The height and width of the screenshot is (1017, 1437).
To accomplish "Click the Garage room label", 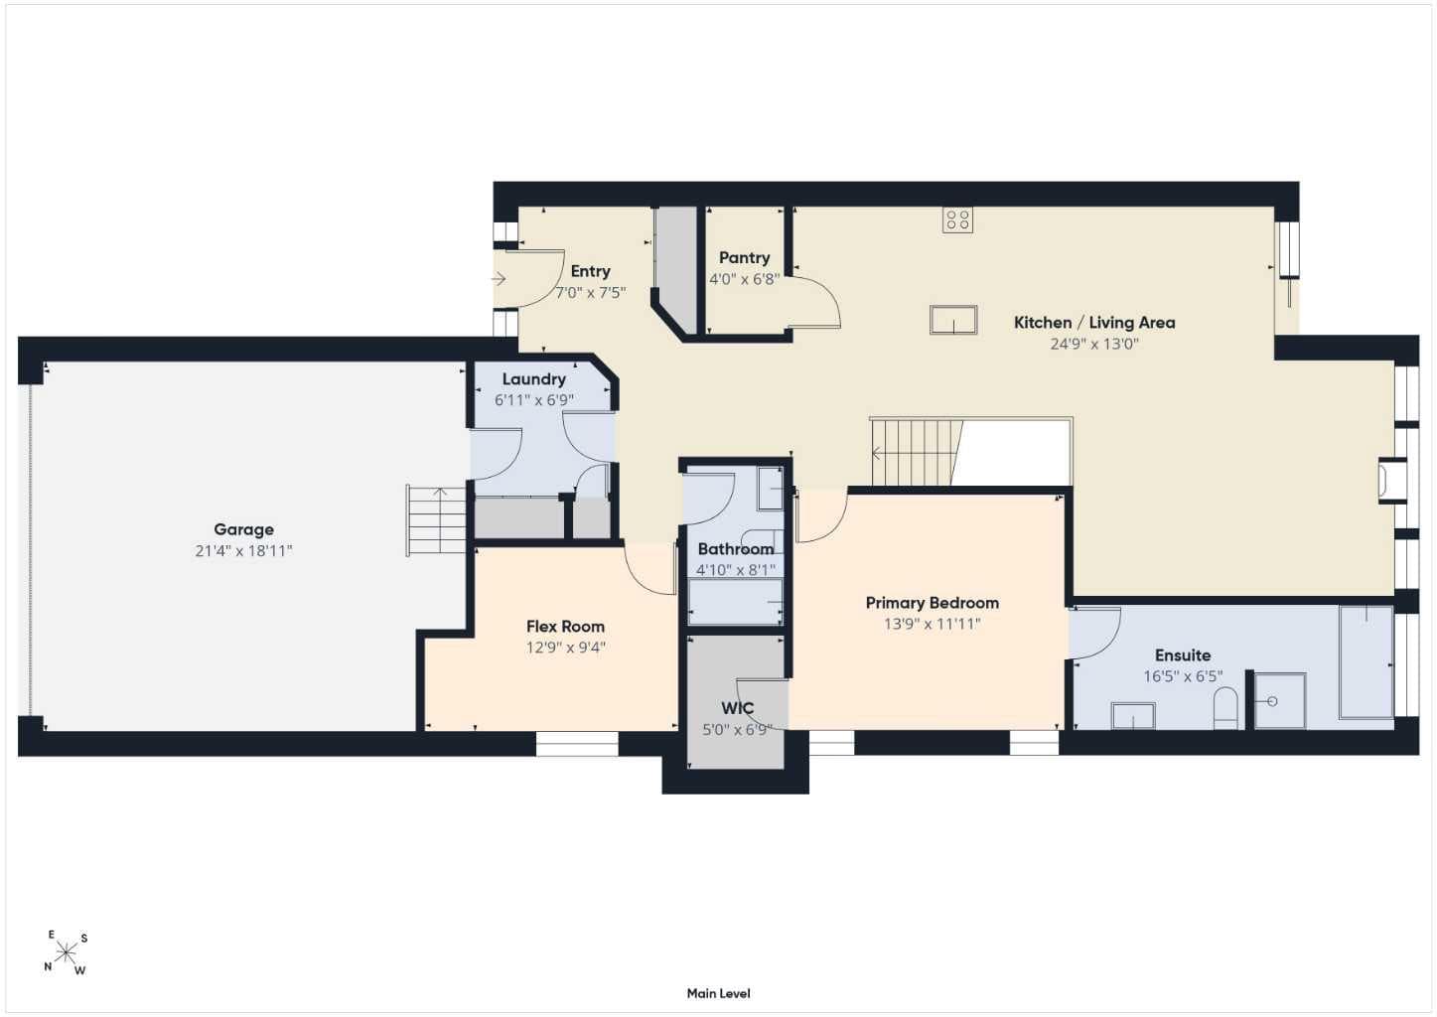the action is click(x=243, y=529).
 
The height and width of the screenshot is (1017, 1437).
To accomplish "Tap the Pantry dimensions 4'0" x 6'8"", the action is click(x=744, y=279).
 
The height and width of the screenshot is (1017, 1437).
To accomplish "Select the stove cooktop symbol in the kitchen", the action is click(x=957, y=219).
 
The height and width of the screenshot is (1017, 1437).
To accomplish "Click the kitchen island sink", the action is click(x=953, y=320).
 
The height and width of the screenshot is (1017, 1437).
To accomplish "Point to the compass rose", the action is click(x=66, y=952).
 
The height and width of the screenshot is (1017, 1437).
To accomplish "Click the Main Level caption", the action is click(x=719, y=994).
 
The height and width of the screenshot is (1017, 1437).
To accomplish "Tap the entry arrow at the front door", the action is click(x=499, y=278).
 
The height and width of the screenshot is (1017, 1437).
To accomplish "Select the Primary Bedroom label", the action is click(x=933, y=603).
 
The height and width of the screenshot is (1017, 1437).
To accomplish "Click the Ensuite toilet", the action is click(x=1225, y=708).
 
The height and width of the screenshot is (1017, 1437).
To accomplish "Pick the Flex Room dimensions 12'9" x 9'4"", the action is click(x=565, y=648).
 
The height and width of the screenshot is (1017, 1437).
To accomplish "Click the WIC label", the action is click(x=737, y=708).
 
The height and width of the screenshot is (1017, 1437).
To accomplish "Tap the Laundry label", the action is click(x=533, y=379).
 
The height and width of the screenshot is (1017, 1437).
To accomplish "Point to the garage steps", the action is click(x=436, y=520).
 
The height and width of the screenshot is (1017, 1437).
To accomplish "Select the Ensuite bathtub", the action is click(x=1365, y=661).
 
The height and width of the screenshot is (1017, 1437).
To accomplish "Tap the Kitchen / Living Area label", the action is click(x=1094, y=323).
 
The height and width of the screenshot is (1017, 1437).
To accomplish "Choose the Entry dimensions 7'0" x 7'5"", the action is click(x=590, y=293).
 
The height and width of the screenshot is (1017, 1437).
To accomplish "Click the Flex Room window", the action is click(x=577, y=744).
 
